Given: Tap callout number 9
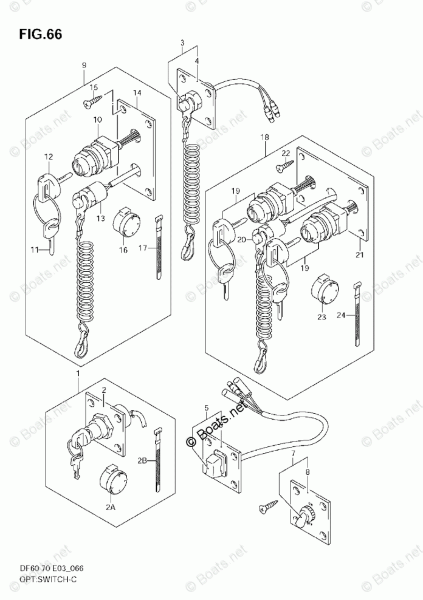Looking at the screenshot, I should (x=84, y=65).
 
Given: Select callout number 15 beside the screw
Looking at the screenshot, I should (x=94, y=87).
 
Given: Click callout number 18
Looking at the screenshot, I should (x=265, y=138).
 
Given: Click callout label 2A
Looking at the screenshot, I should (x=110, y=508).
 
